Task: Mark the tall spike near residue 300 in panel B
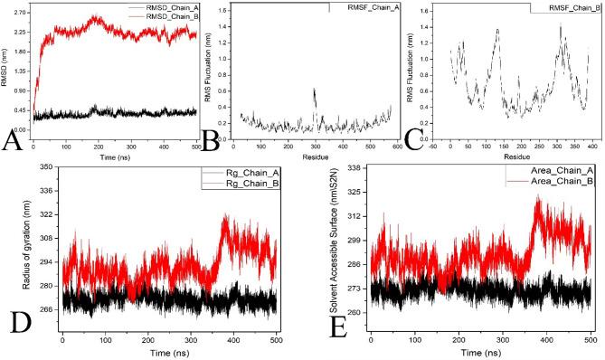click(314, 90)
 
